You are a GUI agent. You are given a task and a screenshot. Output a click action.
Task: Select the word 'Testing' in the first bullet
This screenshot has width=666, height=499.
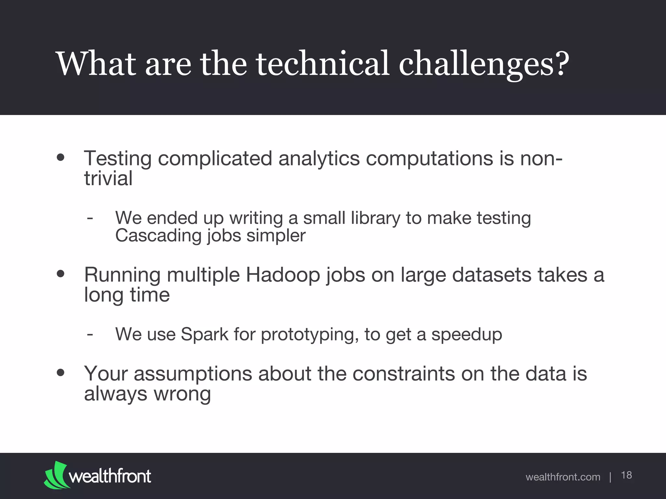118,159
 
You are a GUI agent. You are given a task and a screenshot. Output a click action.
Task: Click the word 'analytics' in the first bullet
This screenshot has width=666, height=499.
319,159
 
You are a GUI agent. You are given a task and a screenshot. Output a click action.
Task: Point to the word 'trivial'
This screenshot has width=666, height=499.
108,179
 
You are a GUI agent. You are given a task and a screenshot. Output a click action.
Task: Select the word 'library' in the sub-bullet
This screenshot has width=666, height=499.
375,218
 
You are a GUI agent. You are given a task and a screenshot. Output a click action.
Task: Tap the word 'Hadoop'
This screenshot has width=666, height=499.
283,275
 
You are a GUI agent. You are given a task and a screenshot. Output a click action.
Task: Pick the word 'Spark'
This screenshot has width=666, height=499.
205,334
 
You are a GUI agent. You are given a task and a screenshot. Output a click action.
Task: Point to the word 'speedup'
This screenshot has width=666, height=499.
467,335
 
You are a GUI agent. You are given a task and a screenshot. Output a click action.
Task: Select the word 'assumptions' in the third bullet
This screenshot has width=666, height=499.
193,374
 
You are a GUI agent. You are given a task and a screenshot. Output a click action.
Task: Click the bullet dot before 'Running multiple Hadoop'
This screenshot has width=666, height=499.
60,274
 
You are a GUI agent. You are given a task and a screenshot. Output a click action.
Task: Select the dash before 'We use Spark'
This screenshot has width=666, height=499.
90,334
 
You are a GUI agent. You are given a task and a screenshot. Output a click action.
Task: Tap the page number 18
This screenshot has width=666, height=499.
626,475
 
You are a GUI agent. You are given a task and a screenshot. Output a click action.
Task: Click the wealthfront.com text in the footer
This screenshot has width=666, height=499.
563,477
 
